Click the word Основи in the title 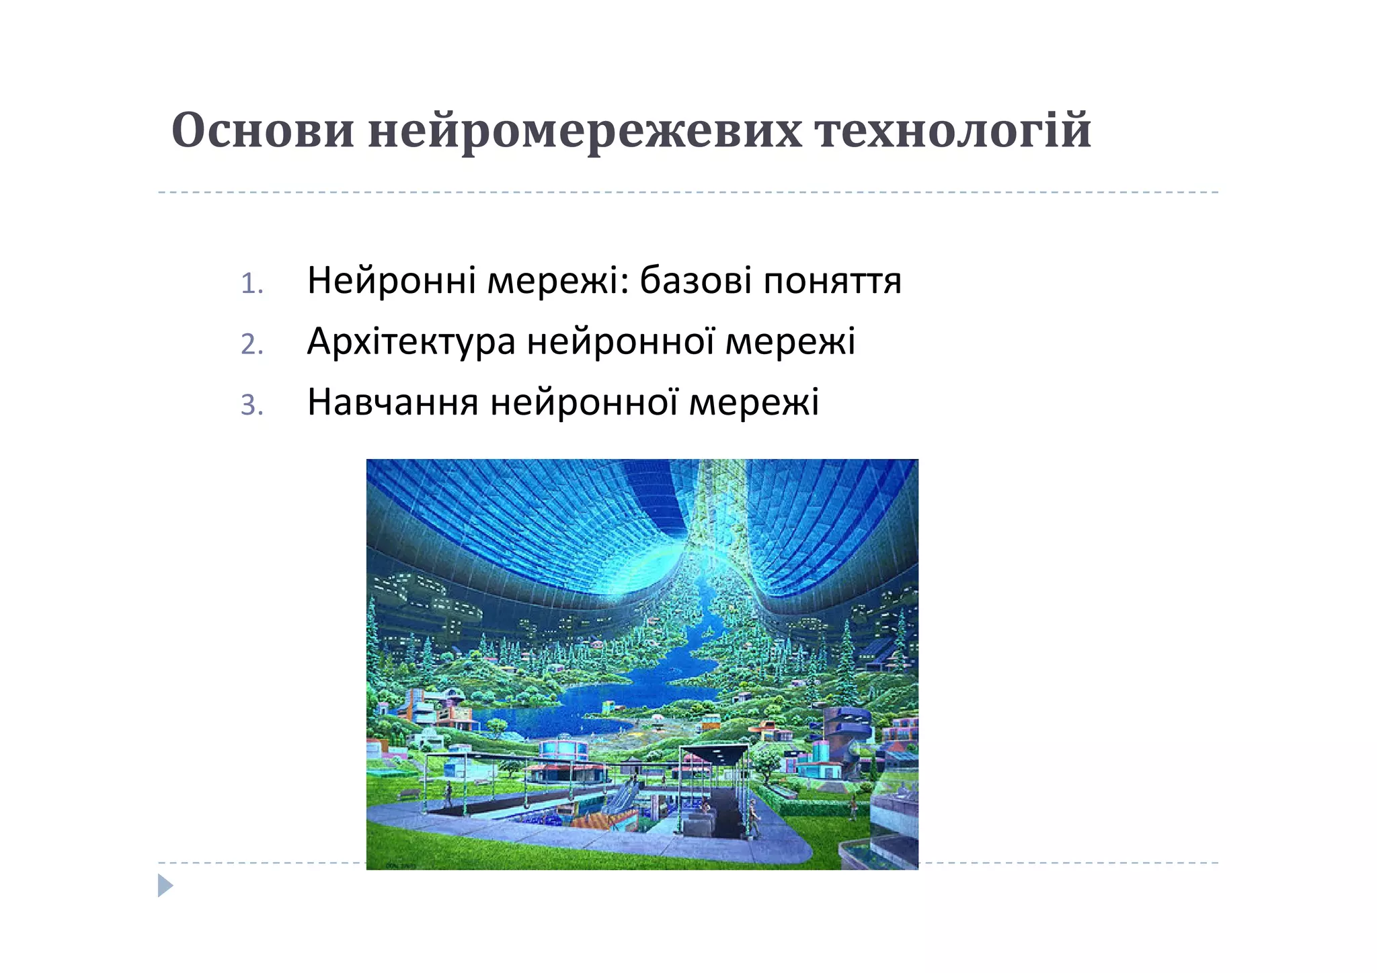[262, 130]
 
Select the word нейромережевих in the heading [585, 132]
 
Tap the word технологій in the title [953, 130]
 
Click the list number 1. [251, 284]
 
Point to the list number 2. [251, 345]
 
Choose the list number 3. [251, 405]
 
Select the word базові [695, 281]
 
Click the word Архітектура [411, 341]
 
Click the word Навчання [393, 402]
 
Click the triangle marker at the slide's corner [165, 886]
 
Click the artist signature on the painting [401, 865]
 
